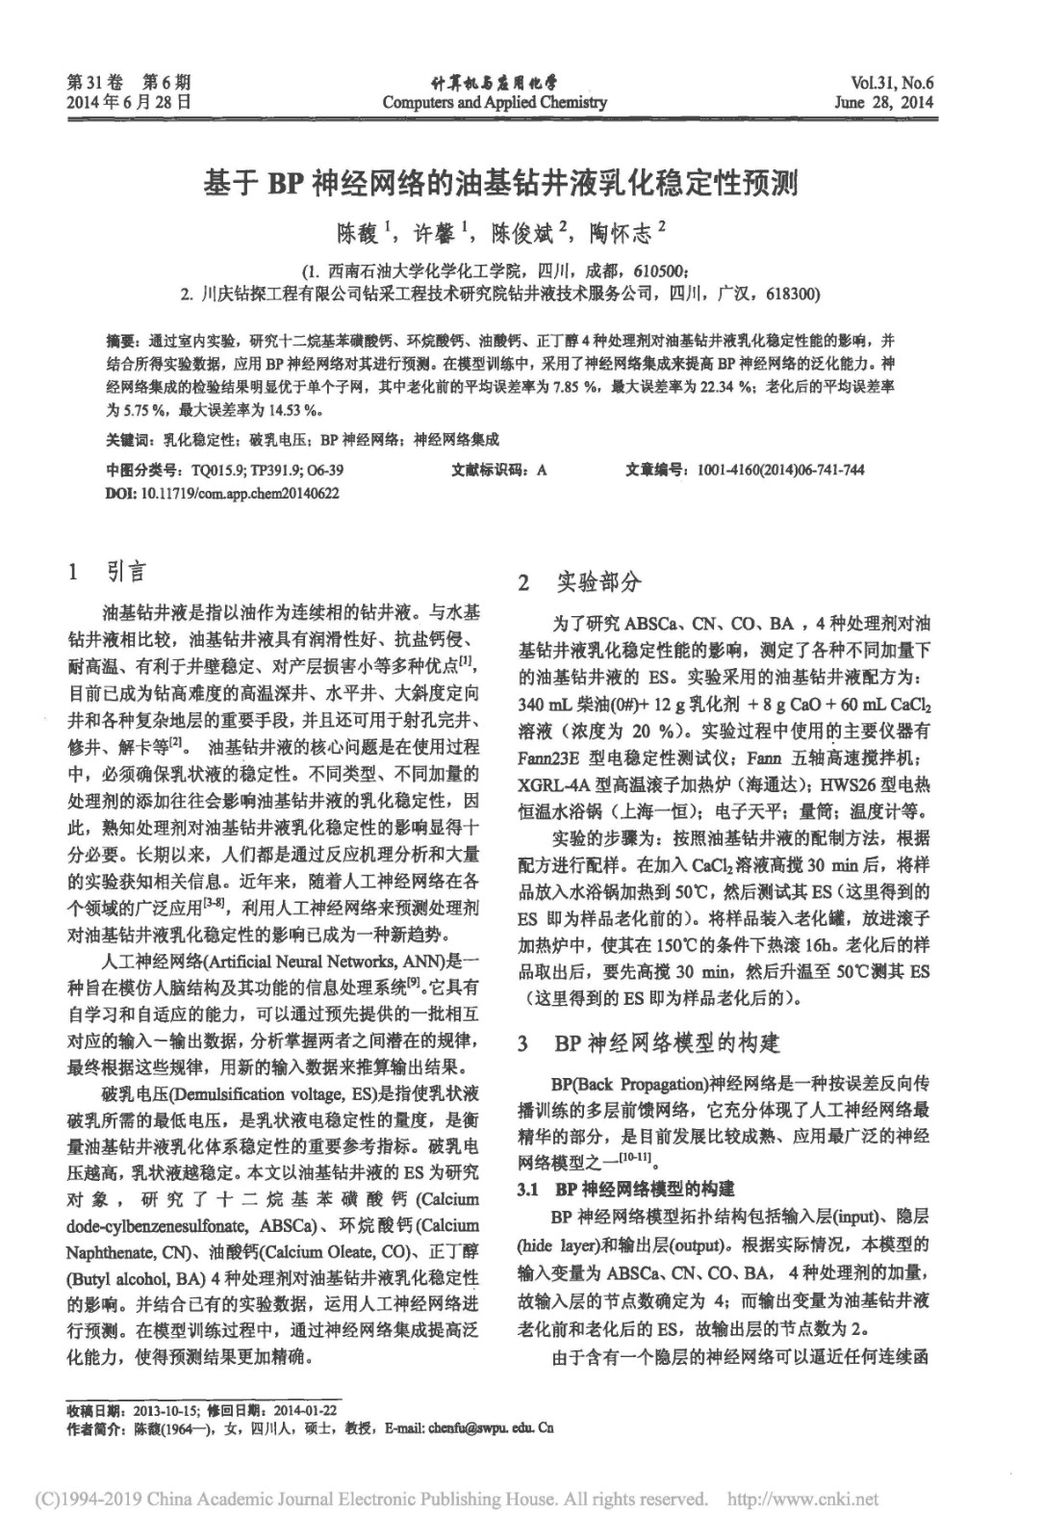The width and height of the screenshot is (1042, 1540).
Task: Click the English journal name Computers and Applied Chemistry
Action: click(x=494, y=102)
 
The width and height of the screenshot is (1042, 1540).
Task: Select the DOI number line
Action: click(x=222, y=493)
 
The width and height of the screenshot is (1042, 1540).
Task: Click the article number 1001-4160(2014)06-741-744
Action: click(x=780, y=470)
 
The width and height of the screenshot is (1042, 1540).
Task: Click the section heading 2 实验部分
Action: click(x=579, y=582)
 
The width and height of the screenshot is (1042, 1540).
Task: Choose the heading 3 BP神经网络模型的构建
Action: click(x=648, y=1043)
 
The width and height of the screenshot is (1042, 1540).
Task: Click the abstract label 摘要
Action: click(x=122, y=341)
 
